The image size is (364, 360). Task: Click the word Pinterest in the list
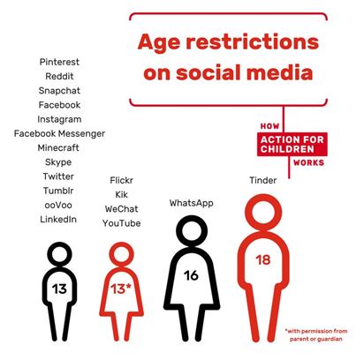59,62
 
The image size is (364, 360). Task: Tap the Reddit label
59,76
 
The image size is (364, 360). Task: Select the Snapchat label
59,91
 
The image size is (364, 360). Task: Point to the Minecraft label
58,147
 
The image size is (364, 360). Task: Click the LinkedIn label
58,220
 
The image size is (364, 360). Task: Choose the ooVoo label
58,205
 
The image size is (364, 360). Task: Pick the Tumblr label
58,191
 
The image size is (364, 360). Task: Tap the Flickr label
121,180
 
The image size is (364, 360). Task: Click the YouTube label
121,223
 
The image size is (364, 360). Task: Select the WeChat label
121,209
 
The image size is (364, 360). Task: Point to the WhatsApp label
192,203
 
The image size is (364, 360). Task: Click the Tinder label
263,180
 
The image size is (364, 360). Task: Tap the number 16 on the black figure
191,275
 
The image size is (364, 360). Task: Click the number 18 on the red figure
263,260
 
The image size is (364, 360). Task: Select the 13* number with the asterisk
121,289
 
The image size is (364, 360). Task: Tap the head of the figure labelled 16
192,218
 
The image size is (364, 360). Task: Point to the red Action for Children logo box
292,144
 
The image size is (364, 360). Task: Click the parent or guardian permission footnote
316,335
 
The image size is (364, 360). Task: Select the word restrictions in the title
253,41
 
